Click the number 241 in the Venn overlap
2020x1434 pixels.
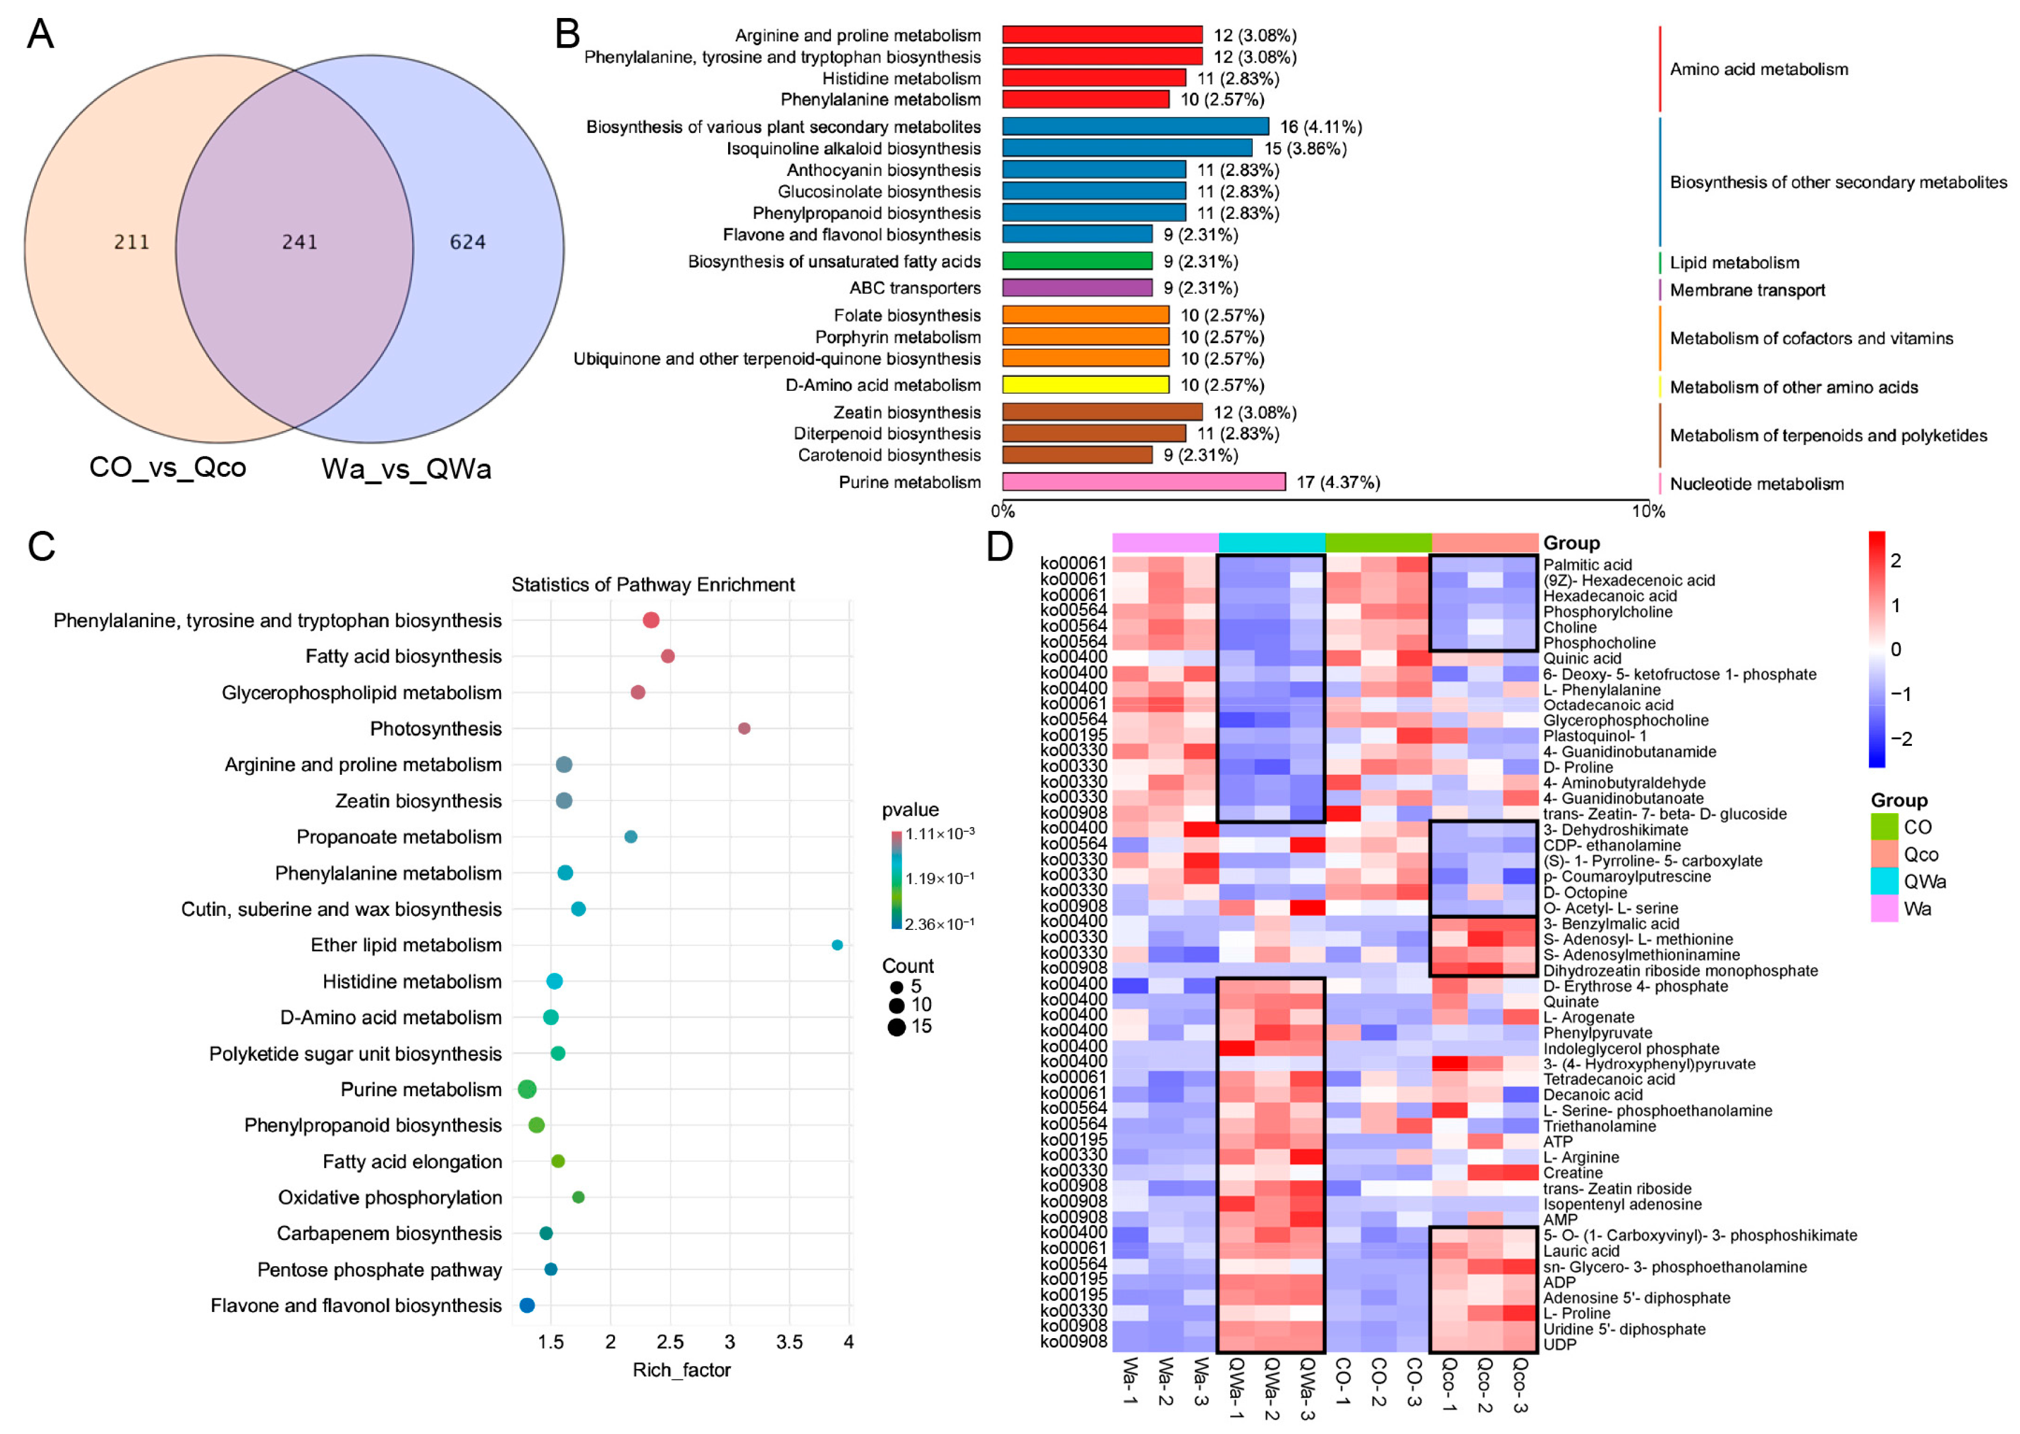coord(299,242)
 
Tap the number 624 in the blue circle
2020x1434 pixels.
coord(467,242)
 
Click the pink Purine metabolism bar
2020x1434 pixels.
coord(1143,482)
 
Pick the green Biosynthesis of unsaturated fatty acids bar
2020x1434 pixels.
coord(1077,261)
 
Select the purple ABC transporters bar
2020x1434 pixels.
coord(1077,288)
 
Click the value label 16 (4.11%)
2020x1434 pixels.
coord(1320,127)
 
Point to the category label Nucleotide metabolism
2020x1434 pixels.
coord(1756,484)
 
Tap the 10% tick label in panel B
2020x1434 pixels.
coord(1647,511)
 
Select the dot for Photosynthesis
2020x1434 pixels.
coord(744,728)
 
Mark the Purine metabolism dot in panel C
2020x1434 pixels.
coord(527,1090)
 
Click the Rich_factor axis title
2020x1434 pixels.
coord(681,1370)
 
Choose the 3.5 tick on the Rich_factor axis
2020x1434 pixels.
coord(789,1342)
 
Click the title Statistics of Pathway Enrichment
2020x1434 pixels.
coord(653,584)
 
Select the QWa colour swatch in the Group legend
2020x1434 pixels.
coord(1884,881)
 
